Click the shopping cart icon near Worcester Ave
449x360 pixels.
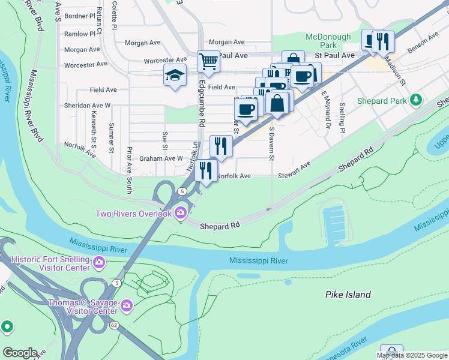(208, 61)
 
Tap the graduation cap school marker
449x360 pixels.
(175, 75)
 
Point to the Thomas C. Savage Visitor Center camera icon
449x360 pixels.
(126, 306)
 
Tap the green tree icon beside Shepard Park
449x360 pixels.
(415, 100)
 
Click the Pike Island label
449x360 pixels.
(348, 295)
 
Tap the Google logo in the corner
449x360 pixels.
(20, 353)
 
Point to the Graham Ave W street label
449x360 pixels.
(161, 158)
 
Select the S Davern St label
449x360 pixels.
(272, 143)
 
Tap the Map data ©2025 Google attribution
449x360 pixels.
(412, 355)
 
